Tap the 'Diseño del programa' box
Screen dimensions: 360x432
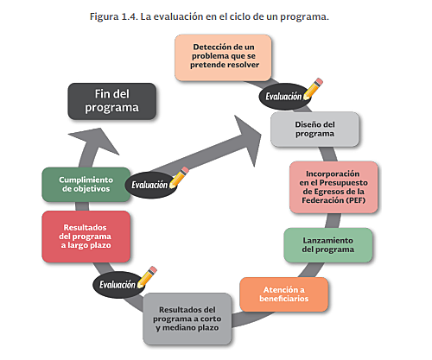pos(314,129)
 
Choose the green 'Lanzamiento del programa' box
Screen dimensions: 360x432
pos(328,244)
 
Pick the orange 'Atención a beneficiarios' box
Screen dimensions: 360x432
pos(283,294)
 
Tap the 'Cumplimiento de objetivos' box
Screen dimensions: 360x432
pos(85,184)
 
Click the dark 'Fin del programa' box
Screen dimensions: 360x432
pos(111,101)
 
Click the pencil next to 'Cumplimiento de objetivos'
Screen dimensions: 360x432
pos(179,177)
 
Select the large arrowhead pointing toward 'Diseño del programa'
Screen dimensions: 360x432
pos(250,130)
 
